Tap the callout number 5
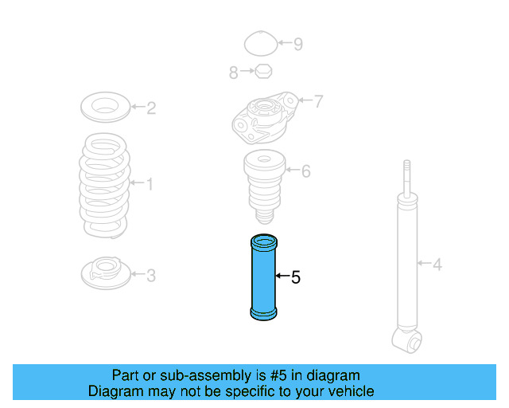tap(295, 277)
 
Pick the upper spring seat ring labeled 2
tap(104, 105)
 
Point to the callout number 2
tap(150, 108)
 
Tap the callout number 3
tap(150, 276)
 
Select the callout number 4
tap(437, 263)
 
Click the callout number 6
tap(305, 171)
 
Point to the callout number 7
tap(318, 101)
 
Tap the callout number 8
tap(234, 73)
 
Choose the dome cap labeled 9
tap(258, 44)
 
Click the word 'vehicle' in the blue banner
tap(348, 391)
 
